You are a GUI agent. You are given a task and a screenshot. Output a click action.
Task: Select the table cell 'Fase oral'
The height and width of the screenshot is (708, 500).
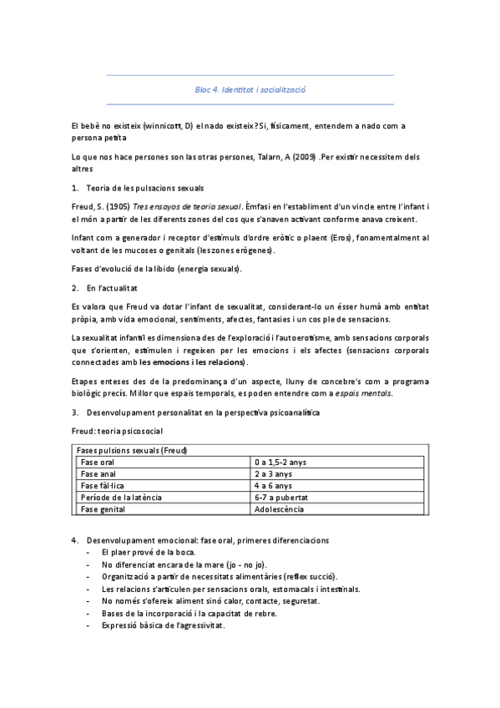(x=98, y=462)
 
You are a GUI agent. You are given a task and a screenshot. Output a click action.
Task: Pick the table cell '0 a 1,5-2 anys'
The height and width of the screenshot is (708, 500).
(x=280, y=462)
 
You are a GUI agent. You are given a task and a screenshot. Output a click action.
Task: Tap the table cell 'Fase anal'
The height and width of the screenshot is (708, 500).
(x=98, y=473)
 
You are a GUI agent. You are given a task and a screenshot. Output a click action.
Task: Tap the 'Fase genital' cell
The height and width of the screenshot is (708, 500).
(x=103, y=508)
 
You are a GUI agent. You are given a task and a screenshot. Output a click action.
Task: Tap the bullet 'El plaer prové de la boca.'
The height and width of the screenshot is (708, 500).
(x=148, y=553)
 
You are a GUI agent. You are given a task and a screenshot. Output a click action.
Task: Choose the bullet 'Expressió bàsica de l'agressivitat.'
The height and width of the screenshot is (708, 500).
(x=163, y=625)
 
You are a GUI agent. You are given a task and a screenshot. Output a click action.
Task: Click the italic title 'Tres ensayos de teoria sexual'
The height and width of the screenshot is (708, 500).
(x=187, y=206)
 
